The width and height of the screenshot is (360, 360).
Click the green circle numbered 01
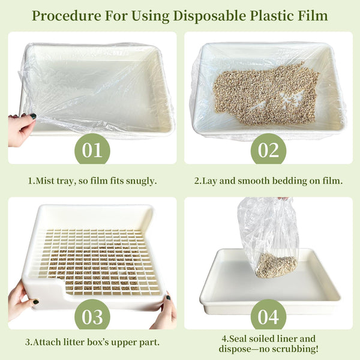92,149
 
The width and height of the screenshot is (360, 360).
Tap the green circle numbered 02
268,149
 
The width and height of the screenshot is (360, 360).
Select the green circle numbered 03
92,315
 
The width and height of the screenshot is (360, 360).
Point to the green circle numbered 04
268,315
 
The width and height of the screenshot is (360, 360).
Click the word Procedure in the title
67,16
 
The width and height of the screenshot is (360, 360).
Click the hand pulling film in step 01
21,130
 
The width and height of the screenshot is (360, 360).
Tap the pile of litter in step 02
266,94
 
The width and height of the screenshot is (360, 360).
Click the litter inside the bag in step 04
276,265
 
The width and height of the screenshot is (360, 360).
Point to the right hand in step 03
164,312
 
